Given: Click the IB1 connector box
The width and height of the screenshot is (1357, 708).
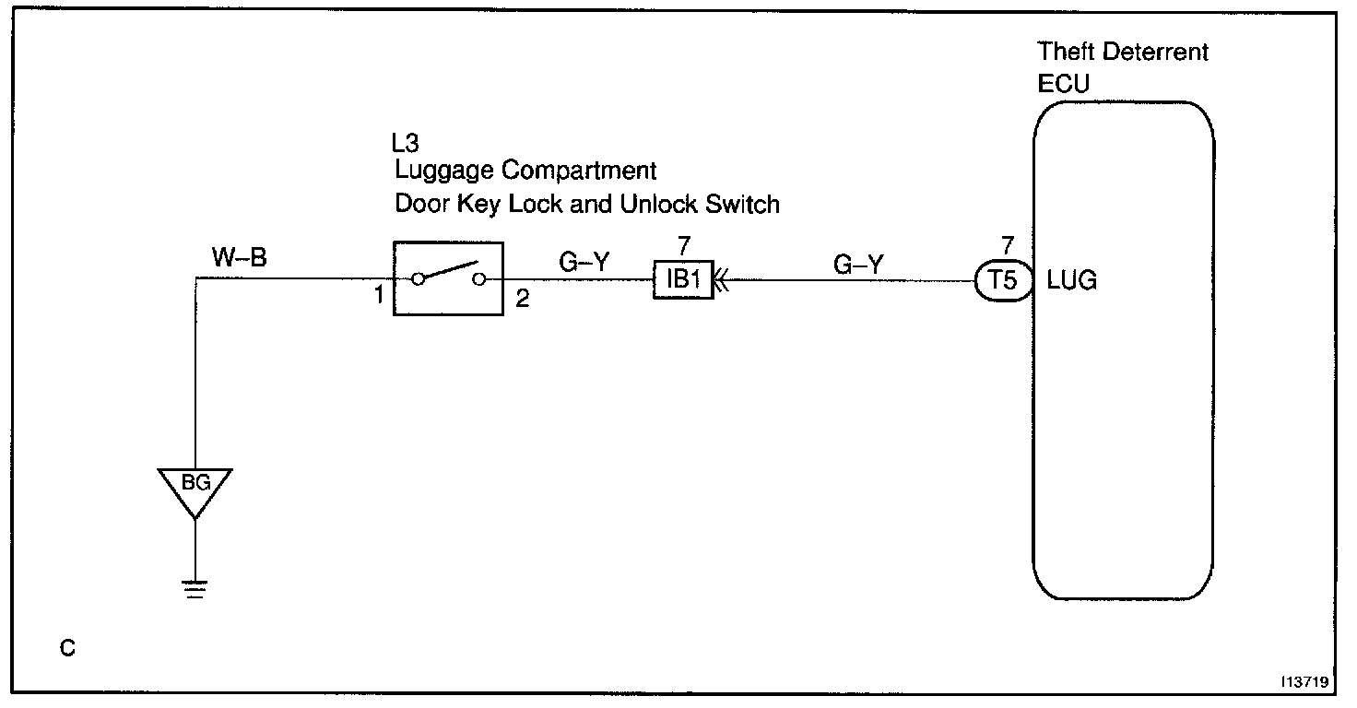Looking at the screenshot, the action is (683, 279).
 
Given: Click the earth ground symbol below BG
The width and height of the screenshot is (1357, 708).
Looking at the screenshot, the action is (195, 588).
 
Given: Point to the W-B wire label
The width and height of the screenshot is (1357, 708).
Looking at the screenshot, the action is (240, 258).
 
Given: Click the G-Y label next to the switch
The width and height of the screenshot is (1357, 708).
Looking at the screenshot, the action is (585, 262).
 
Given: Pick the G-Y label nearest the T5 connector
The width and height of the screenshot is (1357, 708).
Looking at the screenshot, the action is (857, 265).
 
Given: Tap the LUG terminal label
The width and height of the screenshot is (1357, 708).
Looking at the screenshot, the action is (1072, 281).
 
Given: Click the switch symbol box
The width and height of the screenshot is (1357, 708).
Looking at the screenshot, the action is (448, 278).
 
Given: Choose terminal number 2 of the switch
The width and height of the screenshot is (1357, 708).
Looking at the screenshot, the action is (522, 301).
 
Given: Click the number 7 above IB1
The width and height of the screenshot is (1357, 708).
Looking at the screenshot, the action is (683, 247).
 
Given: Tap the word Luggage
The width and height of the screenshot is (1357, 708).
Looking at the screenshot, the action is (438, 171).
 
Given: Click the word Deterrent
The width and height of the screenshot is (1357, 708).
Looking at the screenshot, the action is (1154, 52).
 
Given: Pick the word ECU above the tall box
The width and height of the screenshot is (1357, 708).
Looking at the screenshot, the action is (1063, 83).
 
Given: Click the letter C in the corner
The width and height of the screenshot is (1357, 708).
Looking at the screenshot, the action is (67, 649).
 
